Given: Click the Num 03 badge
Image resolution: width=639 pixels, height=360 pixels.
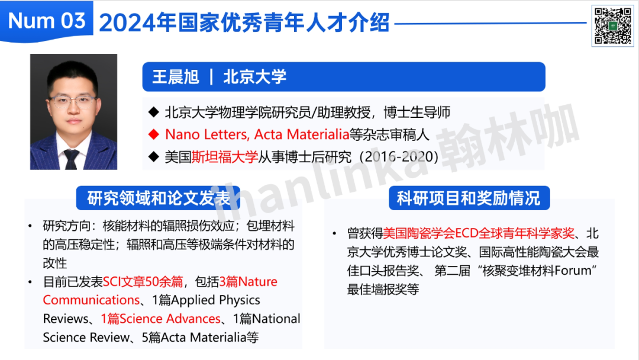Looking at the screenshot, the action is pyautogui.click(x=47, y=21).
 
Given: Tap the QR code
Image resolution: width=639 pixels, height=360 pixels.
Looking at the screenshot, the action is pyautogui.click(x=612, y=26).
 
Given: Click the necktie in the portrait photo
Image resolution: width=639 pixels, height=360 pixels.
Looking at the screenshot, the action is pyautogui.click(x=72, y=159).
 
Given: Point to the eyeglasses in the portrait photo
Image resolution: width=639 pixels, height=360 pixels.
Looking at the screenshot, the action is pyautogui.click(x=73, y=101).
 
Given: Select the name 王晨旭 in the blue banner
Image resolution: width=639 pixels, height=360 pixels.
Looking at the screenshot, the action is pyautogui.click(x=176, y=77).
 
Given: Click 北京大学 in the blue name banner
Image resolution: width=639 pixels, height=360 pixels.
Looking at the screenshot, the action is pyautogui.click(x=254, y=77).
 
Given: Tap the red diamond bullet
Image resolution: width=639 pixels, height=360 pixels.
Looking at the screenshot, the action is pyautogui.click(x=154, y=134).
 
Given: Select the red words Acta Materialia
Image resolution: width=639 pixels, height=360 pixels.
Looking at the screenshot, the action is pyautogui.click(x=302, y=134).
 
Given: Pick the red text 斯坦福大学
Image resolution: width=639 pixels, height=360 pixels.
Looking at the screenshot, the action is pyautogui.click(x=225, y=156).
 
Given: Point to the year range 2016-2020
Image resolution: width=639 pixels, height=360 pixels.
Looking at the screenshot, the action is pyautogui.click(x=399, y=156).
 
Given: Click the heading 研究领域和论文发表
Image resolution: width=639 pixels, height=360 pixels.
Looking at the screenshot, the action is pyautogui.click(x=159, y=198).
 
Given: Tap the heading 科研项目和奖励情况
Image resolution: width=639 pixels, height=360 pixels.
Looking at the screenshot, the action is pyautogui.click(x=469, y=198).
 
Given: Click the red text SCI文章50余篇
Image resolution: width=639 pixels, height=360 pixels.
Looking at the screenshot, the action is pyautogui.click(x=143, y=281).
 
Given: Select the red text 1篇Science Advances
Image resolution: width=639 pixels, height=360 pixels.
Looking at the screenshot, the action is pyautogui.click(x=160, y=319).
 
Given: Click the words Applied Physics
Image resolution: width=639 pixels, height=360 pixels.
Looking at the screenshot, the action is pyautogui.click(x=215, y=300).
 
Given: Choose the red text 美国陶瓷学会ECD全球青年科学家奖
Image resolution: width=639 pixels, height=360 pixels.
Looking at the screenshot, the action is pyautogui.click(x=479, y=233).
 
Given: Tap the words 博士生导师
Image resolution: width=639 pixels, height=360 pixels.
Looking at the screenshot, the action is pyautogui.click(x=417, y=112).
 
